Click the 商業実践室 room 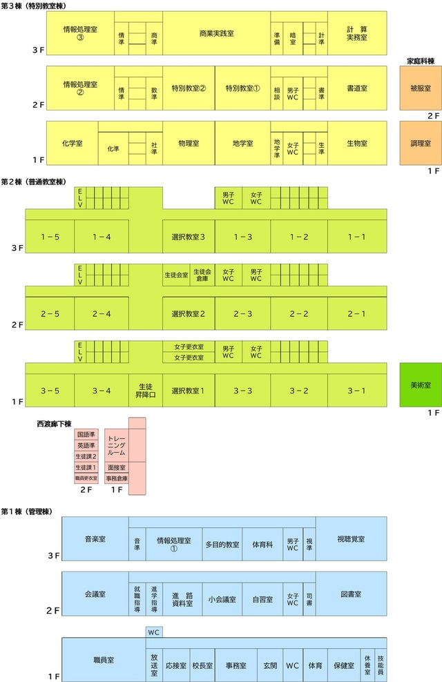coord(216,34)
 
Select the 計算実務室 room coord(357,34)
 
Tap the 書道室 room coord(357,88)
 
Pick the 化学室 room coord(73,143)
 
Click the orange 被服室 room coord(421,88)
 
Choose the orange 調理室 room coord(421,143)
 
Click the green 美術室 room coord(421,385)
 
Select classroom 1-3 coord(242,237)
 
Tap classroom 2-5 coord(50,313)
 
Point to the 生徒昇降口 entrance coord(146,391)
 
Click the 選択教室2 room coord(189,313)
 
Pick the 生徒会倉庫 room coord(202,275)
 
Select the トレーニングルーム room coord(116,445)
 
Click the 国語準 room coord(86,434)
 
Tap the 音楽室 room coord(95,539)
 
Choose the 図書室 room coord(351,594)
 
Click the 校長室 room coord(202,665)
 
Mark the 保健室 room coord(344,665)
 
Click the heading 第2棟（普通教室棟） coord(34,182)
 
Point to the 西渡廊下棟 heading coord(54,424)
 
